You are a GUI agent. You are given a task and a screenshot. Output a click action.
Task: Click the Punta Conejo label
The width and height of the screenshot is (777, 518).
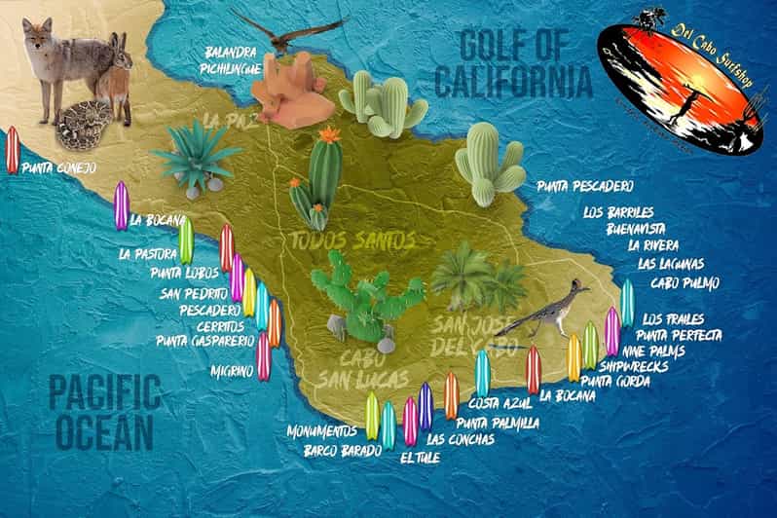click(58, 168)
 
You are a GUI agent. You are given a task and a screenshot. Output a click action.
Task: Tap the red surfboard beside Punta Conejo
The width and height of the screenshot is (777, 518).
click(13, 150)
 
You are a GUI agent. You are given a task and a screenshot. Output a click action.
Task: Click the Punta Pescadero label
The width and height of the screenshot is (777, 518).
click(585, 185)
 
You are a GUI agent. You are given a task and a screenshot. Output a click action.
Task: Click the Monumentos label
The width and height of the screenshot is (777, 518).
click(322, 430)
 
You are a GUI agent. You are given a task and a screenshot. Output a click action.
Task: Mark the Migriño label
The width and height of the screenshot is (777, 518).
click(232, 370)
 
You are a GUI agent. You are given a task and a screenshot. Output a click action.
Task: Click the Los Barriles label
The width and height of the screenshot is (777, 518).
click(618, 211)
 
